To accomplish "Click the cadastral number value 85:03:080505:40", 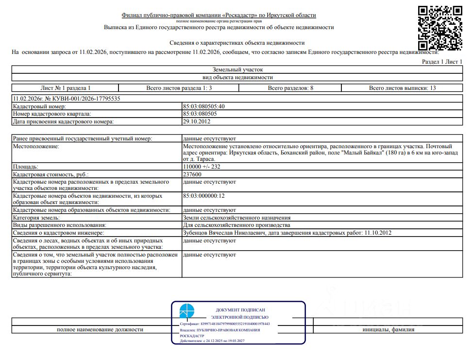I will coord(203,106).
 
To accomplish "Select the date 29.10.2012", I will coord(197,121).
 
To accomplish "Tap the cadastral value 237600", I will coord(193,174).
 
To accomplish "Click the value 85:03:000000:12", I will coord(203,196).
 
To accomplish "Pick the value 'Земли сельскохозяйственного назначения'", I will coord(236,218).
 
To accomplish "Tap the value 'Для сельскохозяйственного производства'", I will coord(236,225).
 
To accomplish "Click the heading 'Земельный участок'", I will coord(237,70).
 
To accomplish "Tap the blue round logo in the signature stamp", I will coord(186,311).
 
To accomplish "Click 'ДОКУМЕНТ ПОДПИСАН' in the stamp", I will coord(240,309).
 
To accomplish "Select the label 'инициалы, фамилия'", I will coord(389,329).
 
